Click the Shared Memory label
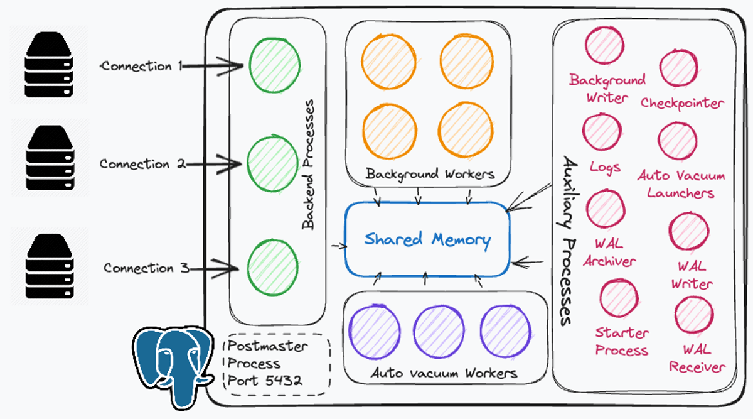[x=427, y=239]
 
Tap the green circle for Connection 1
[x=275, y=65]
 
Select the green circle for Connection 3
[x=272, y=268]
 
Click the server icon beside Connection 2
[x=50, y=158]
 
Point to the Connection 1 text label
[x=142, y=66]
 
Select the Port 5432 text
[x=265, y=381]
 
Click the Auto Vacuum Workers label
[x=444, y=373]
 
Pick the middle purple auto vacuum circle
[x=439, y=332]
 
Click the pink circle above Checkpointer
[x=678, y=68]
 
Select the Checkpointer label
[x=682, y=103]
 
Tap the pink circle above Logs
[x=602, y=132]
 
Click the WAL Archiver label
[x=609, y=253]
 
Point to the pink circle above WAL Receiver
[x=694, y=315]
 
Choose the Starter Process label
[x=622, y=342]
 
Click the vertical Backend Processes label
[x=308, y=165]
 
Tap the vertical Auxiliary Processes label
[x=569, y=241]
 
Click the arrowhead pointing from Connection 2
[x=230, y=164]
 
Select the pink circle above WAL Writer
[x=689, y=231]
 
